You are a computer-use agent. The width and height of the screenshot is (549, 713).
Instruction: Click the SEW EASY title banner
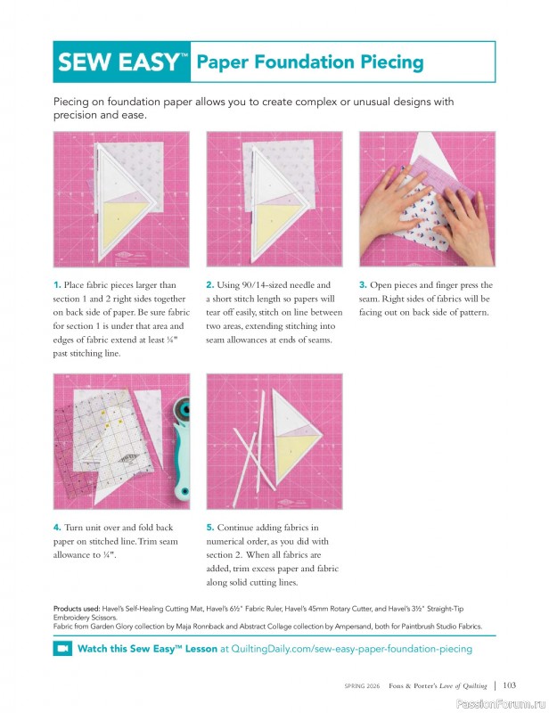tap(122, 62)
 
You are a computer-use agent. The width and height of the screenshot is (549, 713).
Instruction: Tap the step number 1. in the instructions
tap(58, 285)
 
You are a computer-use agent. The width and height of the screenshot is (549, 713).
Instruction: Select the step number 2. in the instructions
tap(210, 285)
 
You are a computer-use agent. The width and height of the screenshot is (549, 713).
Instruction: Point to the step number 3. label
tap(363, 285)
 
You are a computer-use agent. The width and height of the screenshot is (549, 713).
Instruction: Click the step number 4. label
tap(58, 528)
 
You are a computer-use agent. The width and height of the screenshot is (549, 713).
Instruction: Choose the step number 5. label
tap(210, 528)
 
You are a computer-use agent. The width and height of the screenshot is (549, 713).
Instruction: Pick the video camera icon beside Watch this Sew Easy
tap(62, 649)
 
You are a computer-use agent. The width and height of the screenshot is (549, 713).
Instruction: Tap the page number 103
tap(509, 685)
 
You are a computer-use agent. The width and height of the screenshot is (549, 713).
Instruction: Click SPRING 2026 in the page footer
tap(365, 686)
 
